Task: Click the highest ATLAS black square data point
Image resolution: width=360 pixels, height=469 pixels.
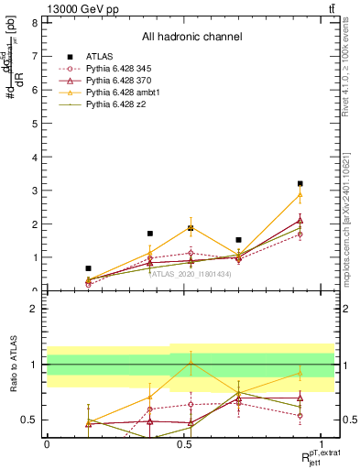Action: click(x=300, y=184)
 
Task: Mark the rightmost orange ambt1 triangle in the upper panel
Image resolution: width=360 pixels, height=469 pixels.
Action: click(x=300, y=194)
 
